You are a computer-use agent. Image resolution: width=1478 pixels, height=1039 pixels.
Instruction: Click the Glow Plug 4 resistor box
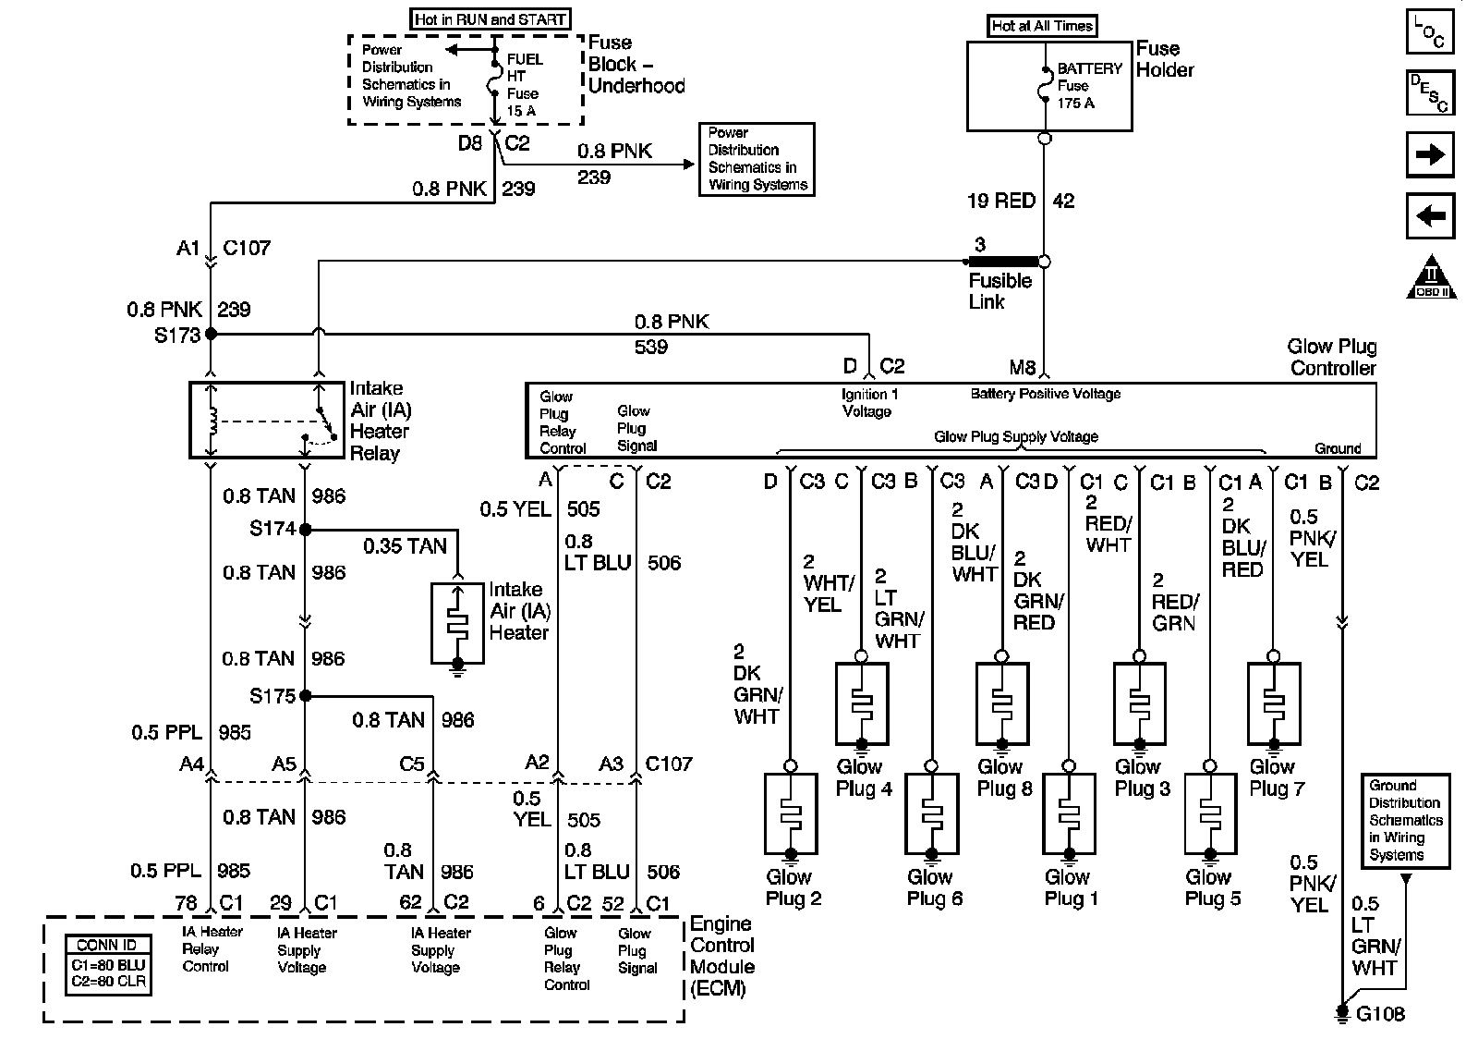(861, 703)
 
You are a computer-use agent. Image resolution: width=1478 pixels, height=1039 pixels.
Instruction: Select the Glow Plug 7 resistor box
(1274, 703)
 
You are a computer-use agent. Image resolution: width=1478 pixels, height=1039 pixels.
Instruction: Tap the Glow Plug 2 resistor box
(791, 814)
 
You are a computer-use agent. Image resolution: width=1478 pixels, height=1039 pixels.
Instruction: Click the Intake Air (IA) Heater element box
(457, 622)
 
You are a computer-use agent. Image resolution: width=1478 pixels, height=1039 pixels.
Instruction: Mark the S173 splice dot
(211, 334)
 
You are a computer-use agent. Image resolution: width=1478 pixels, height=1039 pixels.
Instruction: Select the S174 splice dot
(305, 530)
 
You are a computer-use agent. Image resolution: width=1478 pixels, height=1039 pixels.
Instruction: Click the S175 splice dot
(305, 696)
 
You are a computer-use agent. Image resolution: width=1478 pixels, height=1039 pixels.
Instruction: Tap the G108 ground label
(1380, 1014)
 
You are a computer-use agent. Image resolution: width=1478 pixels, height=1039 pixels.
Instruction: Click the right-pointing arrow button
(1429, 154)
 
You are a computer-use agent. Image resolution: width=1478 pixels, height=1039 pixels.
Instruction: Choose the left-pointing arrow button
(1429, 216)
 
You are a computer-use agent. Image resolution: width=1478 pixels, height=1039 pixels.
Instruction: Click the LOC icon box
(1429, 31)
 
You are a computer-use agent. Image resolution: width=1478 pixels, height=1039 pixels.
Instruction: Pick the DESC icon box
(1429, 92)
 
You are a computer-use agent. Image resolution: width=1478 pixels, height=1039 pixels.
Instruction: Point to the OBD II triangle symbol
(1431, 277)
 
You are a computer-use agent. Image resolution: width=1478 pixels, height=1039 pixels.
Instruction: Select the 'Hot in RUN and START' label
(489, 18)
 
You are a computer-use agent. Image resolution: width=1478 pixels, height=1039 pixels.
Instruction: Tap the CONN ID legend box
(107, 964)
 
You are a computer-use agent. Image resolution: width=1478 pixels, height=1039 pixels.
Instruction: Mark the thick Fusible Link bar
(1003, 262)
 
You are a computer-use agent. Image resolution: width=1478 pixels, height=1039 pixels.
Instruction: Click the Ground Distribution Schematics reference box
(1404, 821)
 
